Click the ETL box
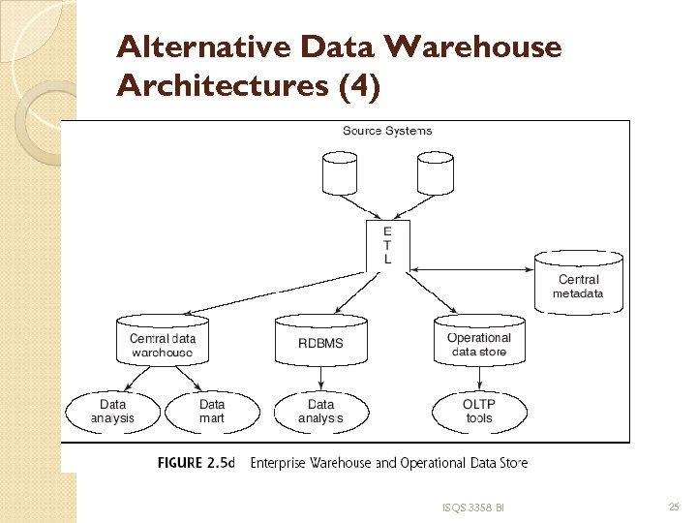click(388, 245)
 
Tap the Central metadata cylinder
click(578, 284)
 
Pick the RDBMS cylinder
click(320, 342)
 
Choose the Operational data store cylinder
click(479, 342)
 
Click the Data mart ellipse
click(211, 412)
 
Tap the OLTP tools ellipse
click(479, 412)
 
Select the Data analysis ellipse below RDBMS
click(320, 412)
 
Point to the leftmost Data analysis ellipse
click(113, 412)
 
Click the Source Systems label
click(387, 131)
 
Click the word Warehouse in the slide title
click(472, 46)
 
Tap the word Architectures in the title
click(222, 86)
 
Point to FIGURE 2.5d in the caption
click(196, 463)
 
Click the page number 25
click(674, 507)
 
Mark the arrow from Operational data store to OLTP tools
click(480, 378)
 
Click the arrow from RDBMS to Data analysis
click(320, 378)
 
